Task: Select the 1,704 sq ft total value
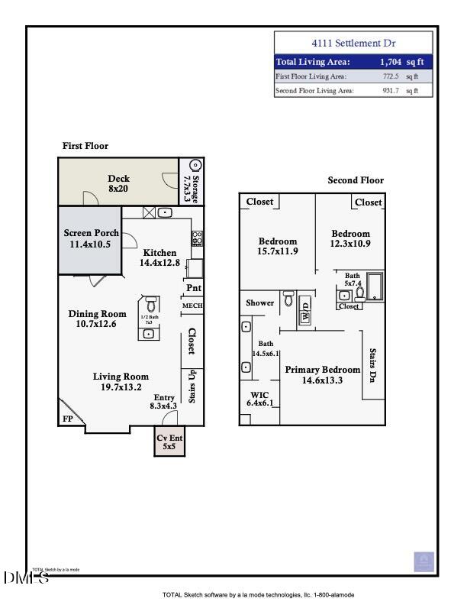(x=400, y=62)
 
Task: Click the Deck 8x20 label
(x=118, y=183)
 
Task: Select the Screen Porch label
(x=90, y=238)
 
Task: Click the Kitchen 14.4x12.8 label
(x=159, y=257)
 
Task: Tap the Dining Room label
(x=97, y=319)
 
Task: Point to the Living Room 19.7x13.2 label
(x=121, y=381)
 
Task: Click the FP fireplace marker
(x=67, y=419)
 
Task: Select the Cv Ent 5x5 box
(x=169, y=442)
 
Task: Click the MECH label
(x=191, y=306)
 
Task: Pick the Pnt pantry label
(x=193, y=288)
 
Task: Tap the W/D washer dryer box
(x=306, y=312)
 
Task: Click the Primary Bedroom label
(x=322, y=374)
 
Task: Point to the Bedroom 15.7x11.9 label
(x=277, y=246)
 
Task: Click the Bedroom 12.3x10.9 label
(x=350, y=238)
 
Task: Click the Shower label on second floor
(x=259, y=302)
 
